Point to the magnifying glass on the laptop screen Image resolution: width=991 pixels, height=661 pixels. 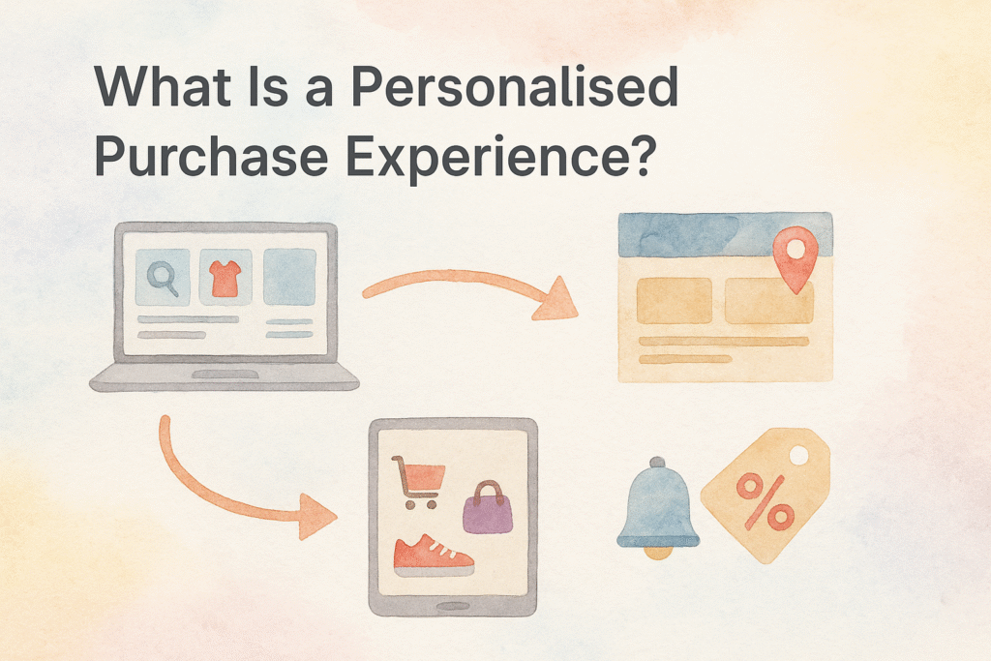(163, 278)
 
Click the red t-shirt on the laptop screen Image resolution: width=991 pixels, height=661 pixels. (225, 278)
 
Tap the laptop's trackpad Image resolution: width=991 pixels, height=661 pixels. (225, 375)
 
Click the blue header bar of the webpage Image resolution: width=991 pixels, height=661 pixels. (725, 234)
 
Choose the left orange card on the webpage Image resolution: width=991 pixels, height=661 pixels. (675, 301)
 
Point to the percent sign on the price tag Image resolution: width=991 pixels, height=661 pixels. (765, 501)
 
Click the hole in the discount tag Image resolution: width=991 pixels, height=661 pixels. (798, 455)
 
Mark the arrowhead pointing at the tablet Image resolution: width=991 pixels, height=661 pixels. (317, 516)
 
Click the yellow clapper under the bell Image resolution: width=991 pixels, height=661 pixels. (658, 553)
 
